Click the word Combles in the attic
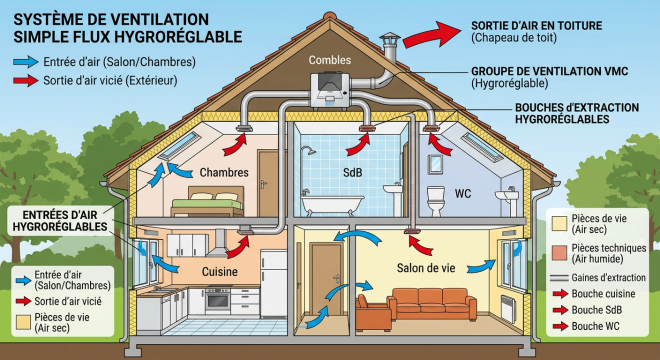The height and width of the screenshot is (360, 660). click(329, 60)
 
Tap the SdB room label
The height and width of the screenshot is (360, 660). click(354, 172)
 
